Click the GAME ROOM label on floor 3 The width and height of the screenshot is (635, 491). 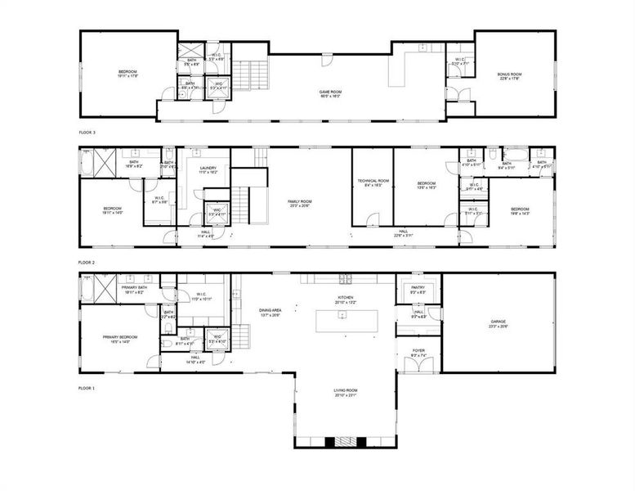pos(329,93)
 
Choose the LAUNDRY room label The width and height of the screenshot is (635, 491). pos(208,169)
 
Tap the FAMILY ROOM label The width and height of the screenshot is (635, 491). pos(299,203)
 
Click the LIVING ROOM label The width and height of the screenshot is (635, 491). pos(347,393)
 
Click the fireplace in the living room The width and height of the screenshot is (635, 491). pos(347,441)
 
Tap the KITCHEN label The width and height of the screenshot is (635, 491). pos(347,299)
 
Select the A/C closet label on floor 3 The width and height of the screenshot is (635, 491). pos(219,84)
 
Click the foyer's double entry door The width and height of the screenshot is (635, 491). pos(418,367)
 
